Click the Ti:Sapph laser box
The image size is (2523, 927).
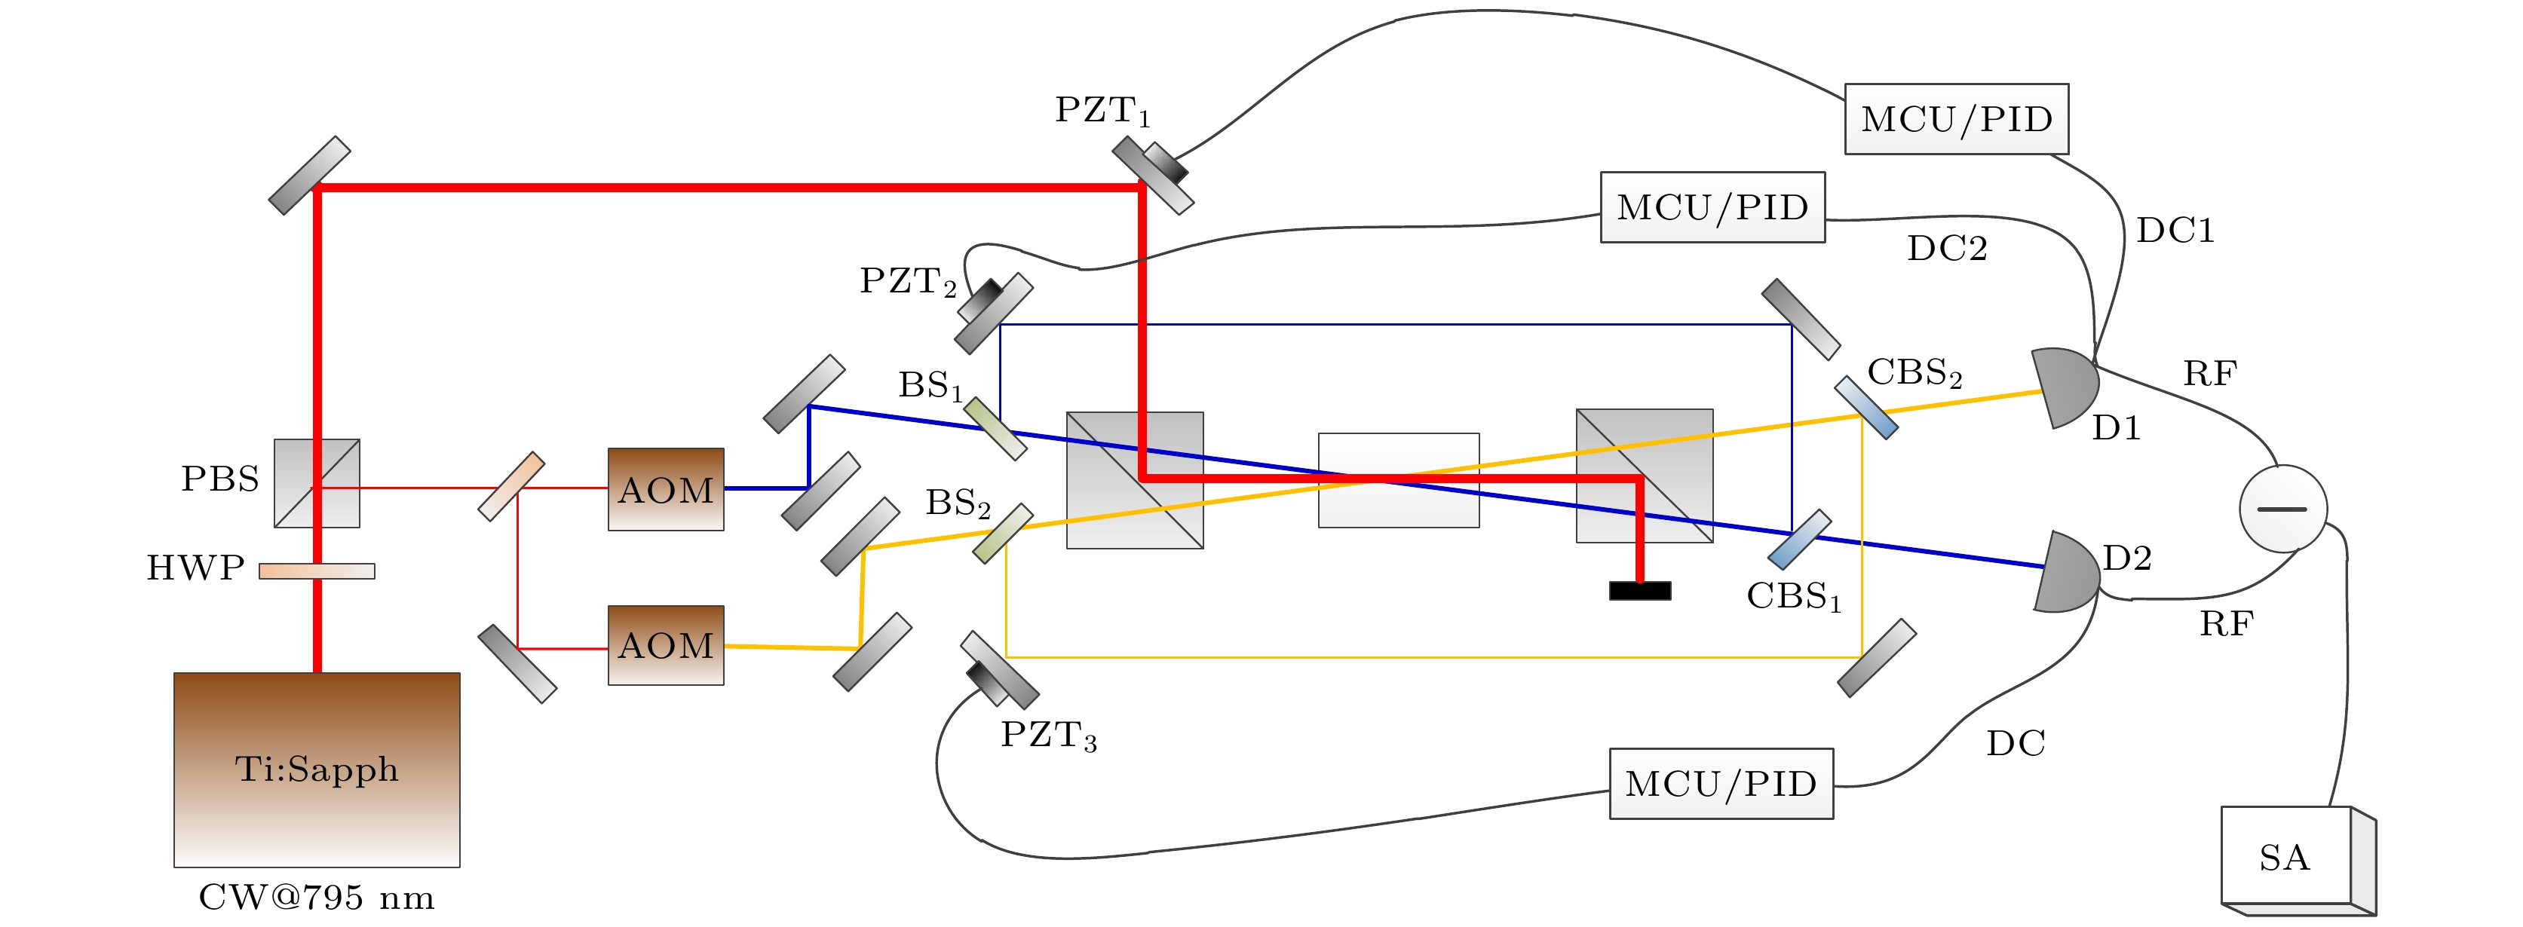click(x=317, y=769)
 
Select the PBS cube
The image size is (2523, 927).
click(x=317, y=482)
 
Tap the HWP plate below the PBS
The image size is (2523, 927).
click(x=317, y=571)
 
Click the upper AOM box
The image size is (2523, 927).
click(x=666, y=488)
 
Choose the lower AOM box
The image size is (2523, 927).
click(x=666, y=645)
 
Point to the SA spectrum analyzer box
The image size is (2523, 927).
click(x=2285, y=858)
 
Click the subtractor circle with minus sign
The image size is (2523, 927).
click(x=2282, y=509)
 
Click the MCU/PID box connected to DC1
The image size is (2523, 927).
click(x=1956, y=119)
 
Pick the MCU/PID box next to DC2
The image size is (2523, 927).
click(x=1712, y=207)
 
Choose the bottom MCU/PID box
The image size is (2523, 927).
click(x=1721, y=784)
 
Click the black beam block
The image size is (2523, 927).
click(x=1639, y=590)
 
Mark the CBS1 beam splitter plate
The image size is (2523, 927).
click(x=1799, y=540)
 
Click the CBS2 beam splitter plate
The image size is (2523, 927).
click(x=1865, y=408)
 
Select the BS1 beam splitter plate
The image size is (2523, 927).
click(x=995, y=429)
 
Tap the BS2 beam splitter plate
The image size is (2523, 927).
click(x=1003, y=534)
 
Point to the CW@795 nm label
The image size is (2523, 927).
click(x=317, y=898)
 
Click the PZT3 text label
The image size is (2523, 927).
click(x=1048, y=735)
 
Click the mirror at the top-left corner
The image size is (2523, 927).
click(x=309, y=175)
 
